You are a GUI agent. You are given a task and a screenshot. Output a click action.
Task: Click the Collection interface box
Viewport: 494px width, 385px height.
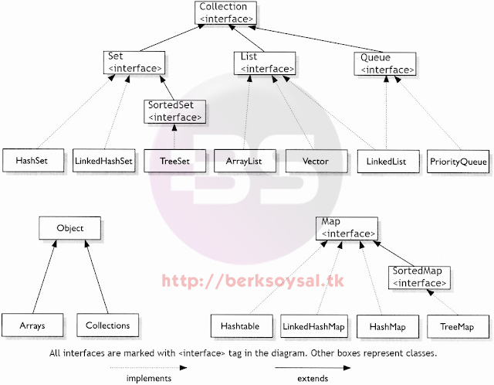coord(225,12)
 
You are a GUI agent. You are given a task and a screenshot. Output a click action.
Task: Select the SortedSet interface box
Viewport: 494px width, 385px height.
coord(175,111)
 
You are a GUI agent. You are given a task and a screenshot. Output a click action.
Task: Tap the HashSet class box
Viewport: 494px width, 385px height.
coord(33,160)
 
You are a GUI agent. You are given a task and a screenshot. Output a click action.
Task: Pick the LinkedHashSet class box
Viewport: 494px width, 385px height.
coord(103,161)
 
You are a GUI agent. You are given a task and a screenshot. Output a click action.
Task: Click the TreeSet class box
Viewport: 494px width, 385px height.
coord(175,161)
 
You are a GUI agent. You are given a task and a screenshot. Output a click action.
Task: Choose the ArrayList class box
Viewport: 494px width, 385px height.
coord(245,161)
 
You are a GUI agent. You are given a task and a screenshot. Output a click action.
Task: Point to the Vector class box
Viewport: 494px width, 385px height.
coord(316,162)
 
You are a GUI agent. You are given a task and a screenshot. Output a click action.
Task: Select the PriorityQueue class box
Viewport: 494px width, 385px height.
coord(458,162)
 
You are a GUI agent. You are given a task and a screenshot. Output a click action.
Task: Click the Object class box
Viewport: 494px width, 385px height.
coord(70,228)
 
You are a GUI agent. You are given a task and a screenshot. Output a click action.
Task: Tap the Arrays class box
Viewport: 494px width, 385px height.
coord(32,325)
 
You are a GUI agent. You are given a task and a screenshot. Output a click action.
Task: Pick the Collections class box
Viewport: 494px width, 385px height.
coord(108,325)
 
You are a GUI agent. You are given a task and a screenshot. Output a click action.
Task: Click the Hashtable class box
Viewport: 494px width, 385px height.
coord(242,326)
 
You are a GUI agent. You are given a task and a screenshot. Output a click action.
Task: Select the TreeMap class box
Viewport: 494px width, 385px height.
coord(458,326)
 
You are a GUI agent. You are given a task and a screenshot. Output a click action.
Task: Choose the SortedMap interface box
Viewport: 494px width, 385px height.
coord(419,278)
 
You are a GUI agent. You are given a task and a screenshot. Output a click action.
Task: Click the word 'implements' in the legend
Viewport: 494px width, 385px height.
coord(149,378)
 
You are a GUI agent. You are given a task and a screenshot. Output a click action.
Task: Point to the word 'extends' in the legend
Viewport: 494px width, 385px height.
coord(313,378)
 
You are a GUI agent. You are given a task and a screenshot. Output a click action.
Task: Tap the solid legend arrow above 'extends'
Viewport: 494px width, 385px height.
coord(313,368)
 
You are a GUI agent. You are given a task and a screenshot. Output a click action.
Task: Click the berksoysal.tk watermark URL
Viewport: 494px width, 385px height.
coord(252,281)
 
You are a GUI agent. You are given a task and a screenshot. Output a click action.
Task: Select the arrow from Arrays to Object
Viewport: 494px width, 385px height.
coord(45,277)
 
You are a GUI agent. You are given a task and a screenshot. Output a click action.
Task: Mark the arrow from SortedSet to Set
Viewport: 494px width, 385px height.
coord(167,87)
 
